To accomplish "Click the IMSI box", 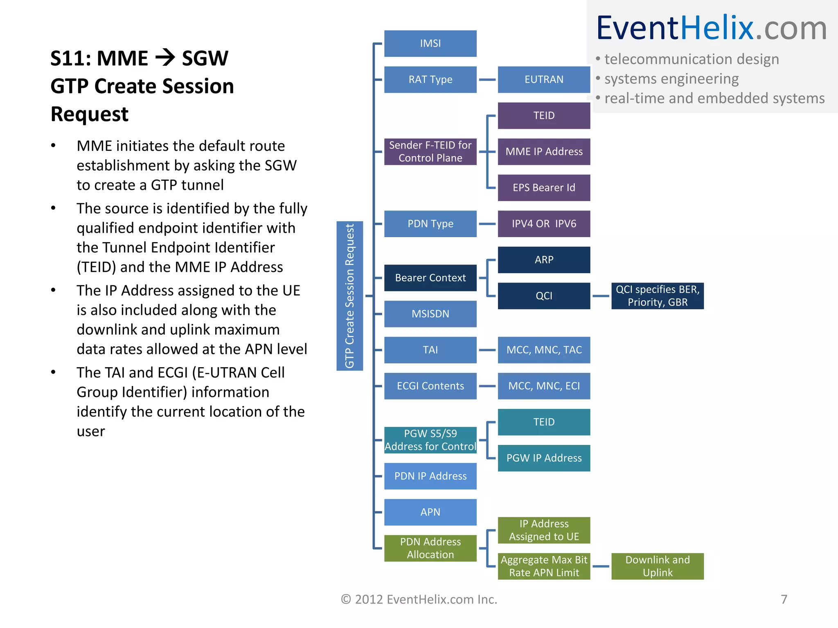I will [430, 43].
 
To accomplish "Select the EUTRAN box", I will [544, 79].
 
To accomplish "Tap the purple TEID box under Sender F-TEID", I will [544, 115].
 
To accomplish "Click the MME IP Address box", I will [544, 151].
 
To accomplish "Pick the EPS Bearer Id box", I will [544, 188].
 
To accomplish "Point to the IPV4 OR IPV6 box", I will [544, 224].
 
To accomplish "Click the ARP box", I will [544, 260].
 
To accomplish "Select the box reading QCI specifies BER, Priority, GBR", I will [657, 296].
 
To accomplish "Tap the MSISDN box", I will [430, 314].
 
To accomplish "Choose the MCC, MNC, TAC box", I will [544, 350].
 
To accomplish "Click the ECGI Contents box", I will [430, 386].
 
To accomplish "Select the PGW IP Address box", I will [544, 458].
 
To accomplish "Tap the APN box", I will [430, 512].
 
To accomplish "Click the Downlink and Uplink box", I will [657, 566].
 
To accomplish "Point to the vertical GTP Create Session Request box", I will [349, 296].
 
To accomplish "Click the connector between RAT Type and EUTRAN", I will [487, 80].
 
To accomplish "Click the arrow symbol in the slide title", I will [165, 58].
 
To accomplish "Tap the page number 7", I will [784, 599].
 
